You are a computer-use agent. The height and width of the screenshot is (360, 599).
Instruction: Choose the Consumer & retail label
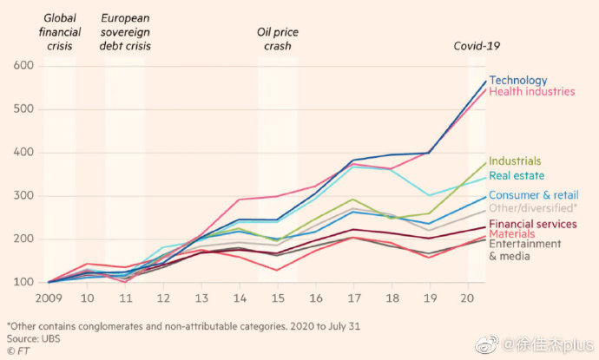point(533,196)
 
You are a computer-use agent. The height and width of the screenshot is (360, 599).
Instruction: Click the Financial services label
point(533,224)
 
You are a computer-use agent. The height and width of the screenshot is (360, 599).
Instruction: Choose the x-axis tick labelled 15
point(278,298)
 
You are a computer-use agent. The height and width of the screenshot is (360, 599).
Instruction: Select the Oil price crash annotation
point(277,38)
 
